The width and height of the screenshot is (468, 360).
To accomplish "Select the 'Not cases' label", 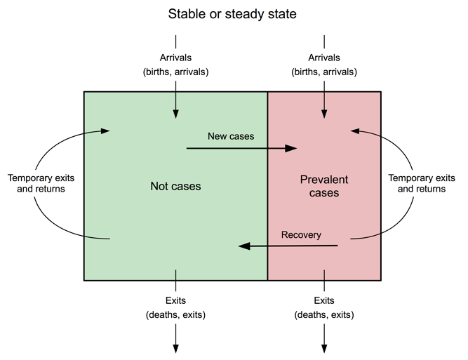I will click(x=175, y=186).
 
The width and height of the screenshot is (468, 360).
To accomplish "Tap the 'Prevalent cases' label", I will click(x=323, y=186).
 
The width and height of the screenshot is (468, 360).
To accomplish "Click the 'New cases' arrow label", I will click(x=231, y=135).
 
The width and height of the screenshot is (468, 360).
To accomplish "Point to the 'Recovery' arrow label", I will click(x=301, y=234).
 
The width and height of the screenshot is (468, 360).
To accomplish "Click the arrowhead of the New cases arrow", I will click(x=293, y=148).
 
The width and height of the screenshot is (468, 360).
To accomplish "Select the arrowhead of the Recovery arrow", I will click(x=243, y=246).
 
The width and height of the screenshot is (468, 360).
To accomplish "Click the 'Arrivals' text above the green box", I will click(x=175, y=58).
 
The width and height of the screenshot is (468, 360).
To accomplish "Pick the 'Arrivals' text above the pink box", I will click(x=323, y=58).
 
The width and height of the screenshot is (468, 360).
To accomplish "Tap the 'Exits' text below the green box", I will click(x=175, y=301).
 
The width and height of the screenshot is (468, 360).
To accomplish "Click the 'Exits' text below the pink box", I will click(x=323, y=301).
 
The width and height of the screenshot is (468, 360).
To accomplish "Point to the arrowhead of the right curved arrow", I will click(x=355, y=130).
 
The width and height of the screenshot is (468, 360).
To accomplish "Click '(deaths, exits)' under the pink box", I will click(x=323, y=315).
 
